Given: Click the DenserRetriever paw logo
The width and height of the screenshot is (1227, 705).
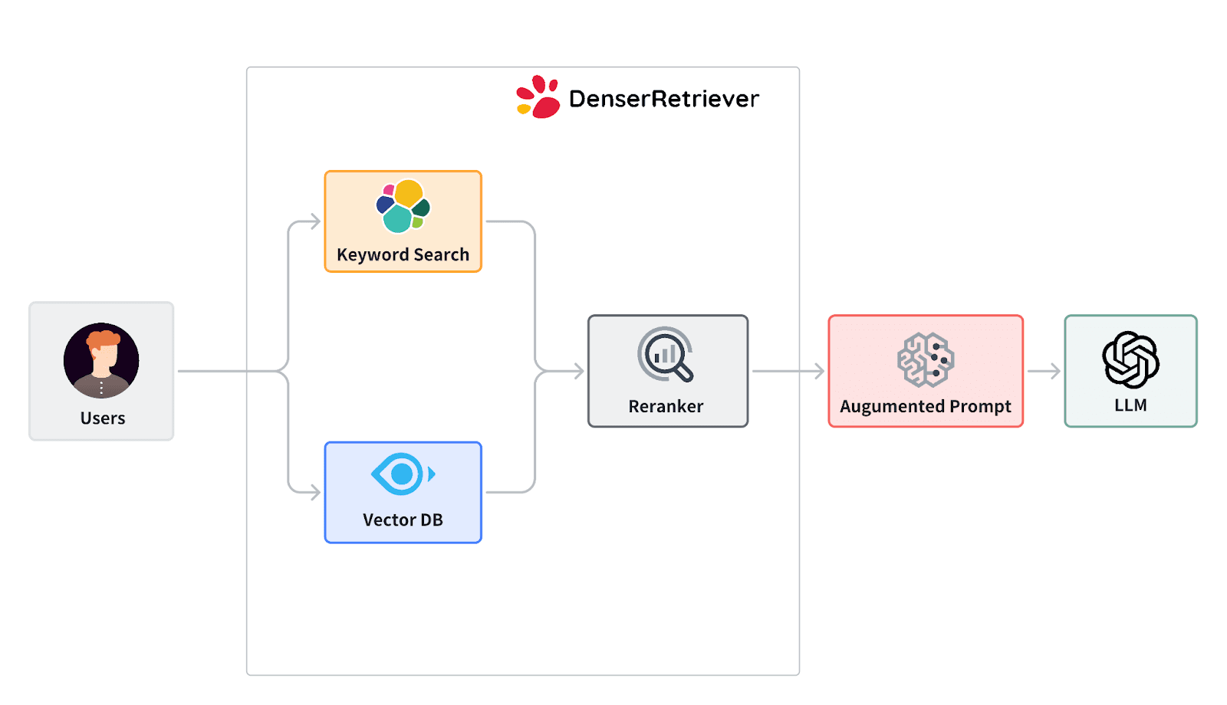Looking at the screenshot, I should coord(538,97).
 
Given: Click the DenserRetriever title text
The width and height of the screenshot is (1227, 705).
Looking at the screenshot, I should coord(663,99).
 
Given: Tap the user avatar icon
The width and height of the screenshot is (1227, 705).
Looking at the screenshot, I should coord(101,360).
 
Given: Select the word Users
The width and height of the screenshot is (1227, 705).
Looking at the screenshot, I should coord(103,418).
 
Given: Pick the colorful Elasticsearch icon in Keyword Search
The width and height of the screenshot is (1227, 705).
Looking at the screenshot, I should coord(403,206).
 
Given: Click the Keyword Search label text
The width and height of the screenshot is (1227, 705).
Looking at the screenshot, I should coord(403,255).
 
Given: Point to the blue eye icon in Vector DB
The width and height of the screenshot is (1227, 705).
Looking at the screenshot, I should coord(402,474).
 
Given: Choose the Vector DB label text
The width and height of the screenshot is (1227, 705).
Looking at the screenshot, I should coord(403,520).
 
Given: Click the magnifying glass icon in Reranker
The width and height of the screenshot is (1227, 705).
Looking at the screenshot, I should coord(665,354).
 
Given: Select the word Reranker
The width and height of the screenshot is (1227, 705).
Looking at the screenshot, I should coord(666,407).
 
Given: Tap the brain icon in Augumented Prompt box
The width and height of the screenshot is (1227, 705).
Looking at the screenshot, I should coord(926,359).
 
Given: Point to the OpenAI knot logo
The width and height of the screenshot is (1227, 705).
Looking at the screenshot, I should coord(1130,359).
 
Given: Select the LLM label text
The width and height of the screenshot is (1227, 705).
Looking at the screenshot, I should coord(1130,405).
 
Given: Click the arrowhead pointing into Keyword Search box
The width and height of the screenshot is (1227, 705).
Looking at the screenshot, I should coord(314,222).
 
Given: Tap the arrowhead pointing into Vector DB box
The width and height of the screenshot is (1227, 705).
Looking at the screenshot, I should coord(314,492).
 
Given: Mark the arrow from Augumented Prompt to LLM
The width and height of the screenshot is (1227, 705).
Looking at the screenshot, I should coord(1044,372).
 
